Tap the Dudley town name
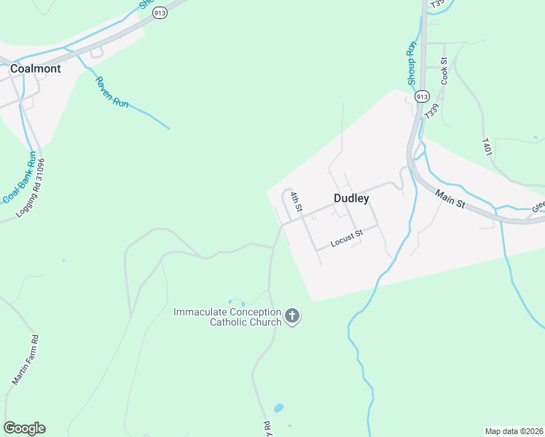click(351, 198)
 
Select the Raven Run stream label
click(111, 92)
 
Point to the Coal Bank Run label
click(20, 178)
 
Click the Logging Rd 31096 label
click(35, 189)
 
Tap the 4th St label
click(296, 202)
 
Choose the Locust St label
click(347, 239)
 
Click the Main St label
click(450, 198)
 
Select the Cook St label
click(444, 73)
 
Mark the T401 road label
click(487, 146)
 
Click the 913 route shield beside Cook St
click(422, 97)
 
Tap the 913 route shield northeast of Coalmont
click(160, 13)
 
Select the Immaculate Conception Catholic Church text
click(227, 317)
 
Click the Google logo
click(24, 428)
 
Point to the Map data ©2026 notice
click(513, 431)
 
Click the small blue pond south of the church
click(278, 408)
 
